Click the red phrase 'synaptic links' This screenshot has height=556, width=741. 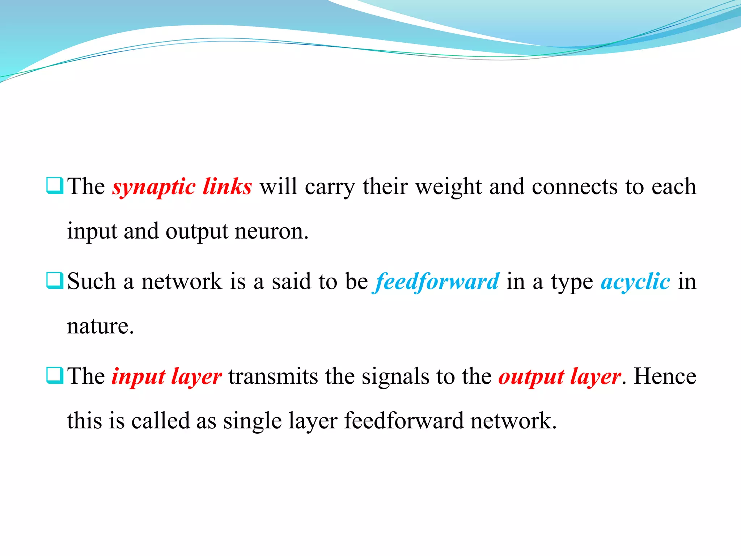point(182,187)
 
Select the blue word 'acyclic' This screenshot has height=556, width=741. point(635,282)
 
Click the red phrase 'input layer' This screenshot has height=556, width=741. point(166,377)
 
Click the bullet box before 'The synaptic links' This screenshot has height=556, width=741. point(55,186)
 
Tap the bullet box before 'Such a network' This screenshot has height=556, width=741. point(55,281)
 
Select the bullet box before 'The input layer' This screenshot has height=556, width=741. point(55,375)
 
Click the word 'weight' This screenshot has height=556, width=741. point(449,187)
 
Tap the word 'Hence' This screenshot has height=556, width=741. point(665,377)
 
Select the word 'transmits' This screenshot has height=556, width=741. point(273,377)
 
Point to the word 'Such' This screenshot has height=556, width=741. point(91,282)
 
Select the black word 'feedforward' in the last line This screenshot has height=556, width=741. point(403,421)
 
